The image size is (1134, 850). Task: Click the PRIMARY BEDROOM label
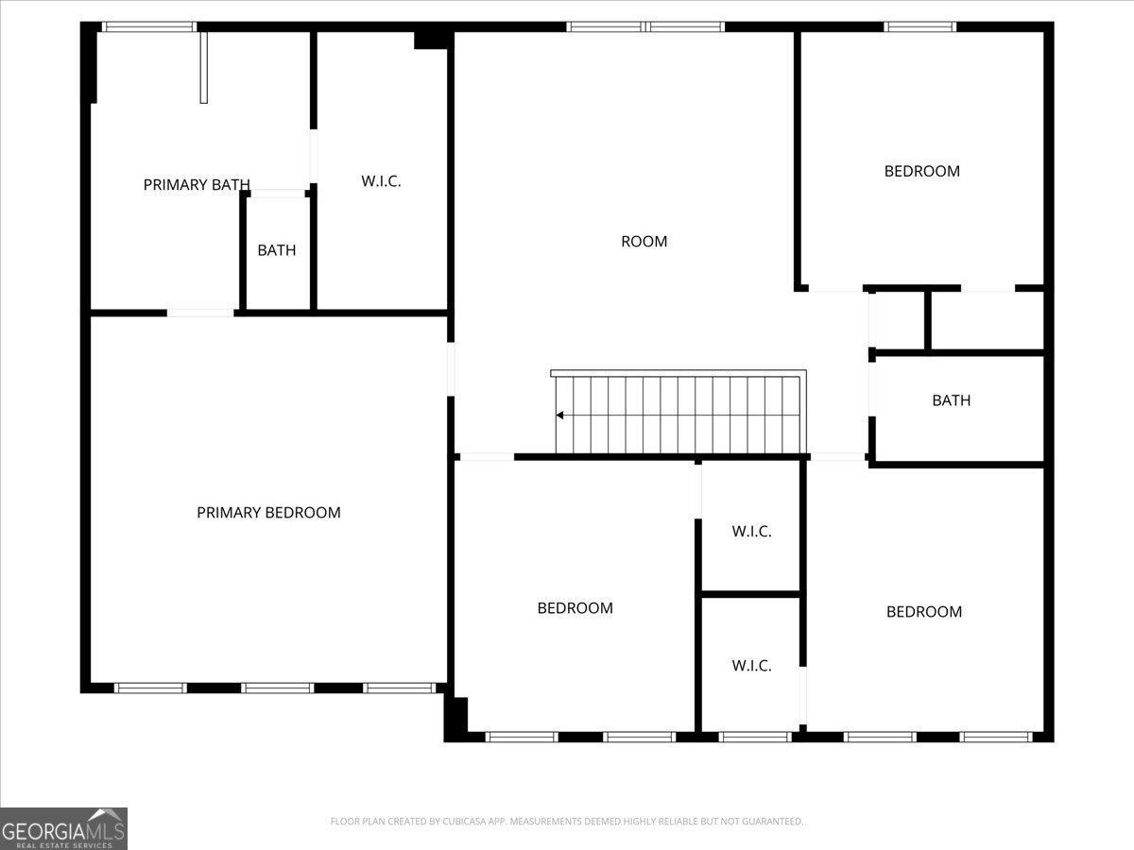(268, 513)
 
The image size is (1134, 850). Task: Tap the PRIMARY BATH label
(197, 184)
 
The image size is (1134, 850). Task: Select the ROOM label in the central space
(644, 241)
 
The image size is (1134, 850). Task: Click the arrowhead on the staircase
(559, 415)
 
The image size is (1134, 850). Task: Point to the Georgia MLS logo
(63, 828)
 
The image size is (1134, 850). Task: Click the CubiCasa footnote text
(567, 821)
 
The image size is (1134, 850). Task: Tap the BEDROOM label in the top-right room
(922, 171)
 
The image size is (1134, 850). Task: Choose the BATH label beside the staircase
(951, 399)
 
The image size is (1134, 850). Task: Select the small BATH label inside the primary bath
(276, 249)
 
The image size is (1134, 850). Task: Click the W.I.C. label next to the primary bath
(381, 181)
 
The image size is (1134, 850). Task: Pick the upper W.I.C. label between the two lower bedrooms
(751, 531)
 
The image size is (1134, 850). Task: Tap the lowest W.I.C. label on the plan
(751, 665)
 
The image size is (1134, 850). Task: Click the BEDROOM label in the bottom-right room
(924, 612)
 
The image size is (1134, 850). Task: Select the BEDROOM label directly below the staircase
(575, 608)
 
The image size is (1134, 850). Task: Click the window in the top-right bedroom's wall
(919, 26)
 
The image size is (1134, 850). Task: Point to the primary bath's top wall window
(148, 26)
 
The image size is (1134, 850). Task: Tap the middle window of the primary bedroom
(277, 688)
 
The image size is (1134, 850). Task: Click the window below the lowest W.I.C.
(755, 737)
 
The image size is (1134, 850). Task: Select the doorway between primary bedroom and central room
(451, 369)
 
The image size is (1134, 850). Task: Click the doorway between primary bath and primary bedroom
(200, 313)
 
